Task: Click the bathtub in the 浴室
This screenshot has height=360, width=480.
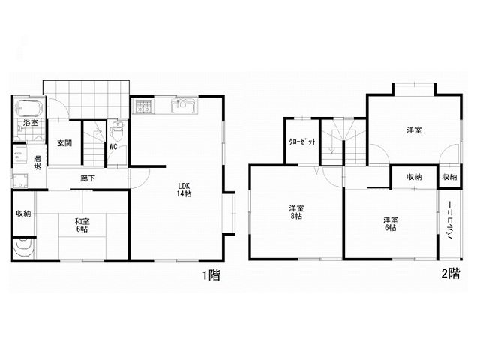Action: coord(28,108)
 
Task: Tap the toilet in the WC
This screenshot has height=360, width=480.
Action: coord(117,130)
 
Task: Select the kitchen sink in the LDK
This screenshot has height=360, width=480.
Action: coord(183,106)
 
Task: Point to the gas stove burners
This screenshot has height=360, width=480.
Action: coord(143,106)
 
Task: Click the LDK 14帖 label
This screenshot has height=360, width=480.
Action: coord(184,190)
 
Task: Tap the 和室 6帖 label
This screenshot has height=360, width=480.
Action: coord(82,225)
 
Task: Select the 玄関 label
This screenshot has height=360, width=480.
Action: coord(64,143)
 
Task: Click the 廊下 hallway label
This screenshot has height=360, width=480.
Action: coord(88,178)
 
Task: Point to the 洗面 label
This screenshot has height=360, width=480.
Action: coord(37,163)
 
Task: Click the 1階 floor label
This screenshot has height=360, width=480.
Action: coord(211,275)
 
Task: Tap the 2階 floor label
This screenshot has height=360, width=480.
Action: coord(450,273)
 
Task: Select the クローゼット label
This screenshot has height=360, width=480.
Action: coord(303,142)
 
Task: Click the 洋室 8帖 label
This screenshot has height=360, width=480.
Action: coord(296,212)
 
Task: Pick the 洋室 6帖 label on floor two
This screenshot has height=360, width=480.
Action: coord(391,223)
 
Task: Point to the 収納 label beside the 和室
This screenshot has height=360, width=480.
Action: coord(23,213)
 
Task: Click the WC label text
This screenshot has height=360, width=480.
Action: coord(113,147)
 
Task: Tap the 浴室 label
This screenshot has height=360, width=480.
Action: coord(31,123)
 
